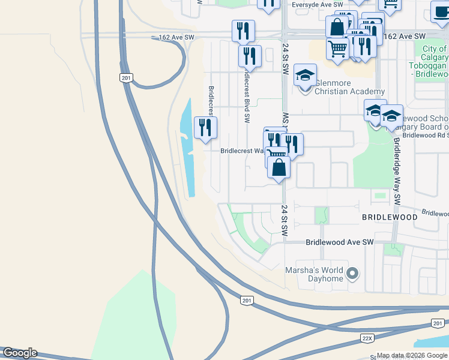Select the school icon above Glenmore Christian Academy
[305, 76]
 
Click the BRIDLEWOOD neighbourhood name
[390, 217]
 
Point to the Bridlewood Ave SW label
[340, 242]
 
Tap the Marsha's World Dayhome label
[314, 274]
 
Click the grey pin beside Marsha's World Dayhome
[353, 274]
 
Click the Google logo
[19, 353]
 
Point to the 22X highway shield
[367, 338]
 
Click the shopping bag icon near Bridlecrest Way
[279, 169]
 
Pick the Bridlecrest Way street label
[243, 151]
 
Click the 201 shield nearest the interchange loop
[125, 78]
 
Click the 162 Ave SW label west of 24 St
[177, 37]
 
